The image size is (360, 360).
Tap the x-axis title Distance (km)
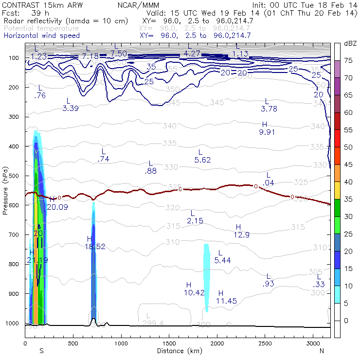coord(177,350)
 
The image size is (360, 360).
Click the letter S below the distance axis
coord(42,350)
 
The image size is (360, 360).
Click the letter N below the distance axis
coord(322,350)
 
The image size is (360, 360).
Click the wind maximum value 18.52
coord(95,247)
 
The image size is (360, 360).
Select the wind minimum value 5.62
coord(202,160)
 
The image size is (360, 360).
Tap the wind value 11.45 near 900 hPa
coord(226,301)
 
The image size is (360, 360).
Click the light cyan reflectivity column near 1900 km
coord(206,277)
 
